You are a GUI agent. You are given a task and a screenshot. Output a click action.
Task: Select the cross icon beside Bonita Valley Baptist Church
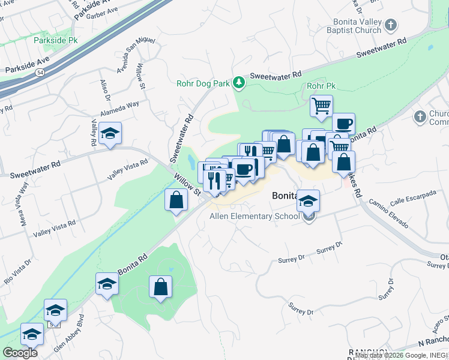(391, 25)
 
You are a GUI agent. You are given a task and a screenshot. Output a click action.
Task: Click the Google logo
(20, 353)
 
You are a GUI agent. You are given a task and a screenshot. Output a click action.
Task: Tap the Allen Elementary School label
(254, 216)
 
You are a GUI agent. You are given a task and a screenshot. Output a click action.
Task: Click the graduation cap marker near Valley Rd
(110, 133)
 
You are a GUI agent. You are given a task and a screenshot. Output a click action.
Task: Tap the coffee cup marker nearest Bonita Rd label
(343, 124)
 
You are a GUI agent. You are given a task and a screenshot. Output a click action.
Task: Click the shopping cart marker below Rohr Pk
(321, 106)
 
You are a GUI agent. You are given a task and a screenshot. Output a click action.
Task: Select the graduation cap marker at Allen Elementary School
(309, 201)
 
